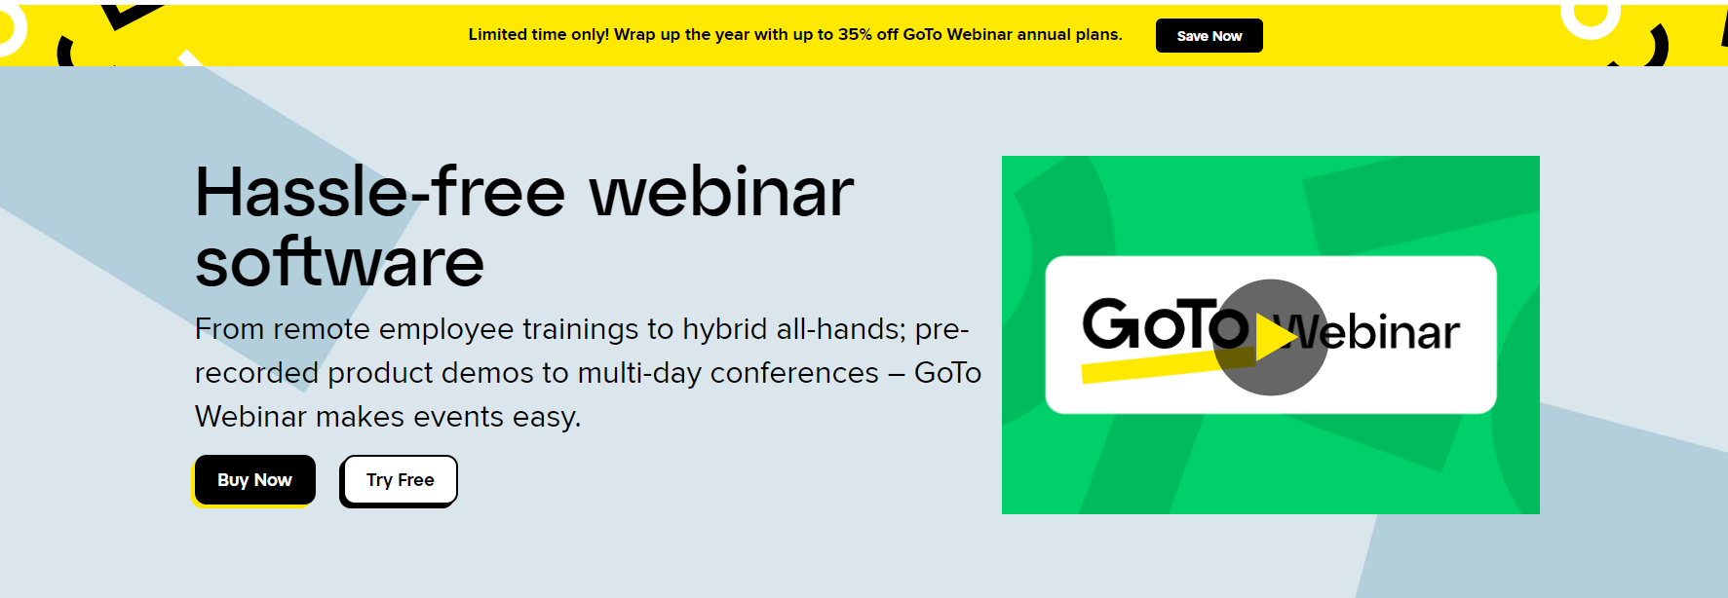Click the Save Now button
pyautogui.click(x=1209, y=36)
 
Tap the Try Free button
pyautogui.click(x=399, y=480)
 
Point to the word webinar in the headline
pyautogui.click(x=721, y=192)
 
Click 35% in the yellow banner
pyautogui.click(x=855, y=34)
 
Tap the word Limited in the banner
pyautogui.click(x=498, y=34)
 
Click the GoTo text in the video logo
pyautogui.click(x=1165, y=324)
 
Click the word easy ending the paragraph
pyautogui.click(x=546, y=418)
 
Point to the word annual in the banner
pyautogui.click(x=1044, y=34)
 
